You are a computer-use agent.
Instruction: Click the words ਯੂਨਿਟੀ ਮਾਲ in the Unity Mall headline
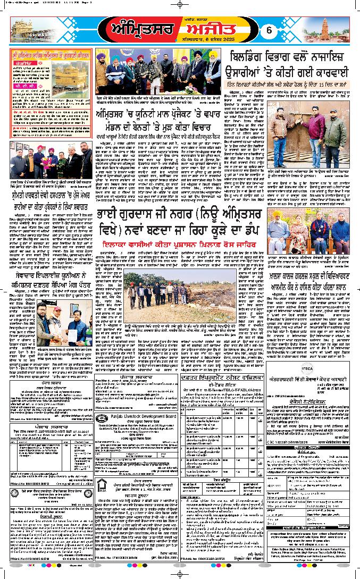pos(138,113)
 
